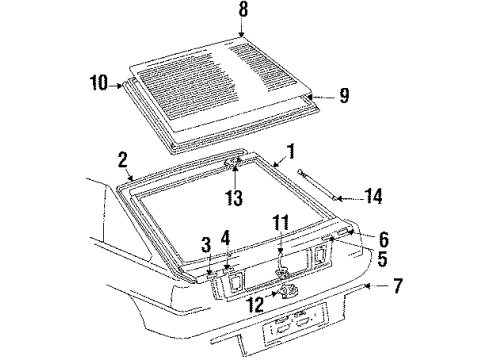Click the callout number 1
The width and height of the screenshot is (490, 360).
[x=292, y=152]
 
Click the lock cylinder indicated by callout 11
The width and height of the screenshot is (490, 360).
[x=283, y=271]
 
